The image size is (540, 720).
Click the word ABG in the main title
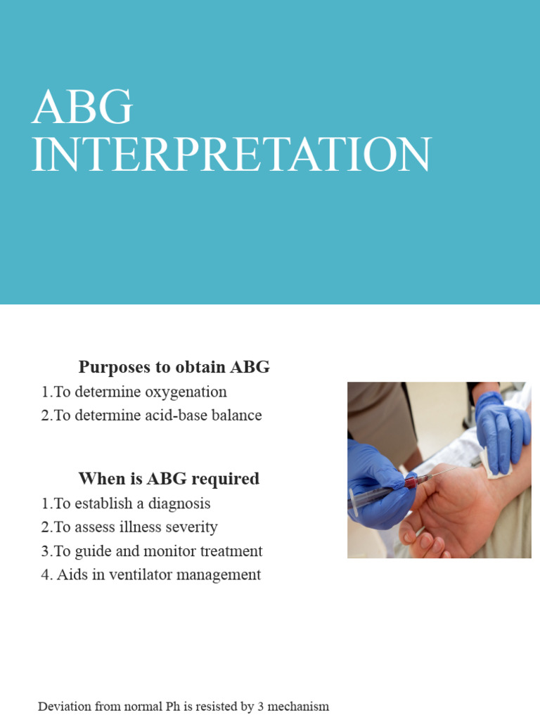[82, 108]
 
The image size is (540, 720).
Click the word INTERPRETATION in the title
[231, 155]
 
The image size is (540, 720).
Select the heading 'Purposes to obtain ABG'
[174, 367]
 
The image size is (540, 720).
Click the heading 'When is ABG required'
[169, 479]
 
